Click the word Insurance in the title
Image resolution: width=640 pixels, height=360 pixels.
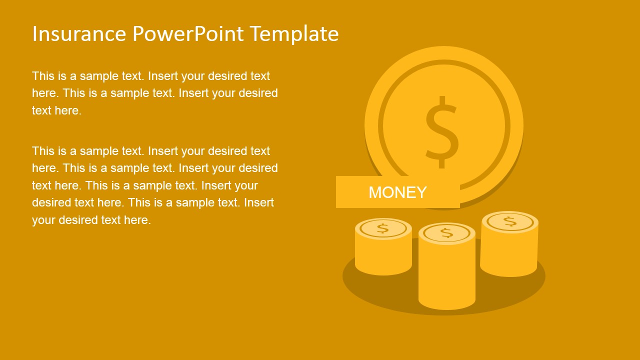[x=79, y=34]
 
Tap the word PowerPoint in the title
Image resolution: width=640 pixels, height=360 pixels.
[x=188, y=34]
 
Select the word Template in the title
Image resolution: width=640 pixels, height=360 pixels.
[x=294, y=34]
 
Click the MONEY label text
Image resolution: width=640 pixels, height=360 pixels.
[x=397, y=192]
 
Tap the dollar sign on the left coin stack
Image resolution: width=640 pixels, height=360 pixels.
[x=382, y=228]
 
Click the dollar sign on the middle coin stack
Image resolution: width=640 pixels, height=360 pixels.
[x=446, y=232]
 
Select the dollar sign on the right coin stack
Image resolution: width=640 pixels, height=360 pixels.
[x=509, y=221]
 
